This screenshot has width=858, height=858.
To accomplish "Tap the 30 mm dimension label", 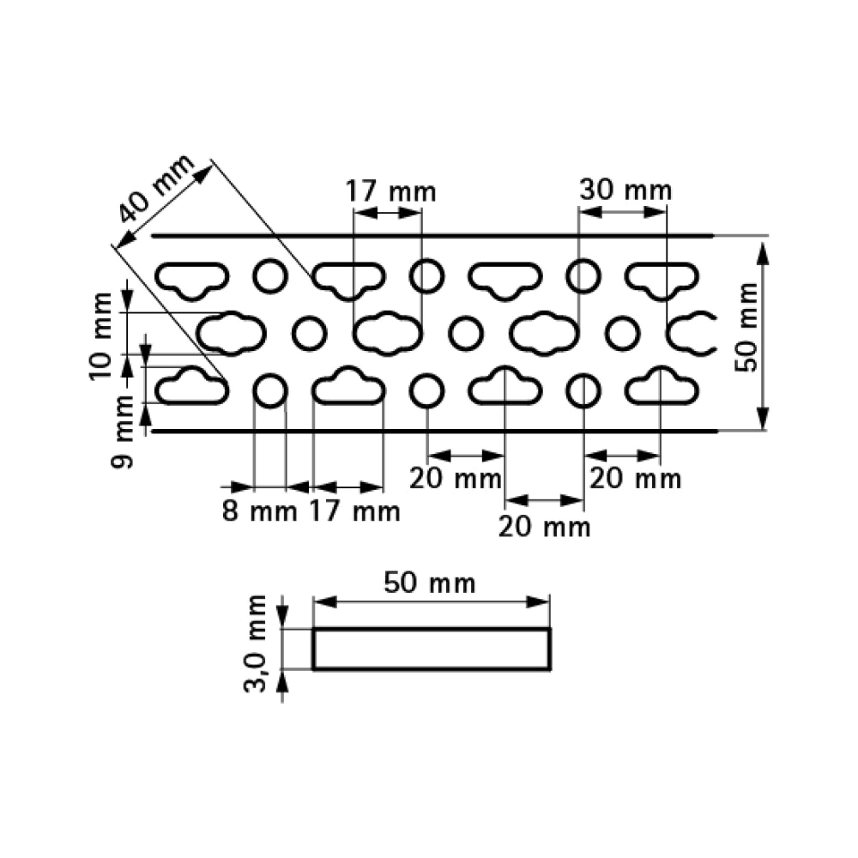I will point(625,190).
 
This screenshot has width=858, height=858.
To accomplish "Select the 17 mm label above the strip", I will point(390,190).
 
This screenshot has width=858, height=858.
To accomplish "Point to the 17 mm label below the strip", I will point(353,512).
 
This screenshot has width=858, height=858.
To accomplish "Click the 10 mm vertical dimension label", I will point(101,335).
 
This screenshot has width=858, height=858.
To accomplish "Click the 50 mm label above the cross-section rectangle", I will point(429,583).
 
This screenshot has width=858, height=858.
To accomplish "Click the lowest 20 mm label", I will point(544,527).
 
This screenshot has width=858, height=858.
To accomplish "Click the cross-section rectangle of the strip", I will point(431,649).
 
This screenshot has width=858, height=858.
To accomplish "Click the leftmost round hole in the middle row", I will point(309,334).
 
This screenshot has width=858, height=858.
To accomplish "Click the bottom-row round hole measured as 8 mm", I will point(269,391).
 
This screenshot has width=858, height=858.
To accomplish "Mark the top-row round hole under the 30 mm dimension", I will point(583,276).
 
